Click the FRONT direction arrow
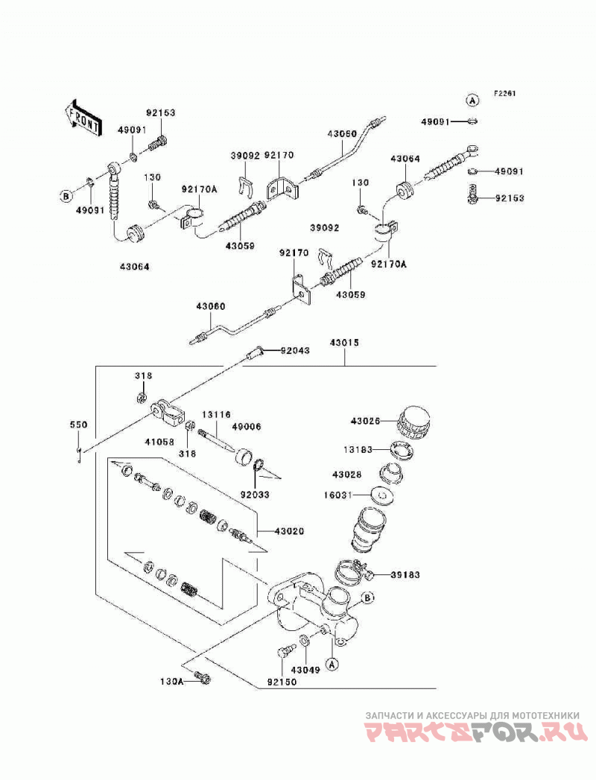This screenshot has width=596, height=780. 83,118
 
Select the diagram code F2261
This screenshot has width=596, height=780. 504,93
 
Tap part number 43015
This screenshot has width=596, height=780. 343,343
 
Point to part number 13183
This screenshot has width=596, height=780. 358,450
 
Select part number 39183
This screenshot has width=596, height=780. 405,575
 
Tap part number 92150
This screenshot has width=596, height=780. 282,682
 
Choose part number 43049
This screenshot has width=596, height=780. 305,670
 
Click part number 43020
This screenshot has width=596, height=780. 289,531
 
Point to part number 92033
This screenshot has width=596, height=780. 255,495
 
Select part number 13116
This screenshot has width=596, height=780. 216,414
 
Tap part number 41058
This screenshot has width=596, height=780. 159,440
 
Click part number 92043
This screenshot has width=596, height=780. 295,350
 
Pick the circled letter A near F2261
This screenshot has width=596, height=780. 472,101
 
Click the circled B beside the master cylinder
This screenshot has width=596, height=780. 367,597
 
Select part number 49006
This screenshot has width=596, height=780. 247,426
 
